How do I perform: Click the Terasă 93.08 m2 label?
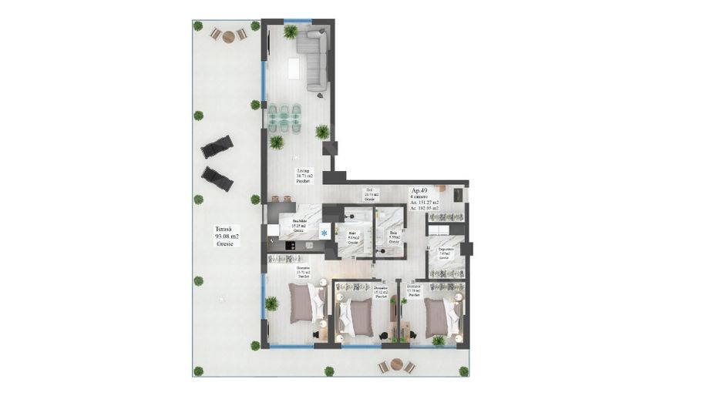tap(228, 235)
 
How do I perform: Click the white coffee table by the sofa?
tap(294, 69)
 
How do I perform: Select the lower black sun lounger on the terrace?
tap(217, 178)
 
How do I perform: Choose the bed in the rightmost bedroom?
tap(439, 311)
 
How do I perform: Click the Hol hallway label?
tap(369, 196)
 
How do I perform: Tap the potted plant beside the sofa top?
tap(291, 32)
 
